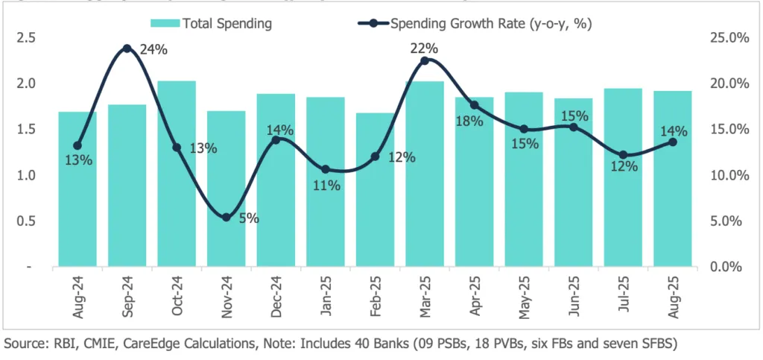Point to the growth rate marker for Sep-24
pyautogui.click(x=127, y=48)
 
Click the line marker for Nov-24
pyautogui.click(x=226, y=218)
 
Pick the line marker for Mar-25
pyautogui.click(x=425, y=60)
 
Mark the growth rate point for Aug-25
pyautogui.click(x=673, y=142)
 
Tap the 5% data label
pyautogui.click(x=248, y=219)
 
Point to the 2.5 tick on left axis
pyautogui.click(x=25, y=37)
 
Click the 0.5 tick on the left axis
pyautogui.click(x=25, y=221)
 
